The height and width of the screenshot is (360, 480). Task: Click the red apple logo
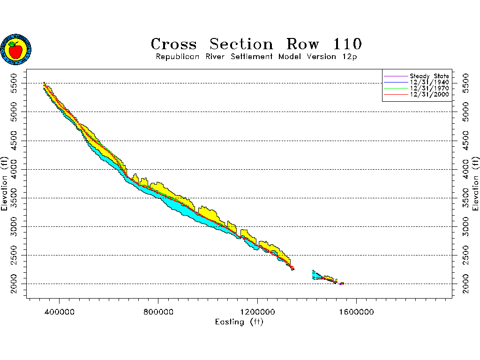(16, 50)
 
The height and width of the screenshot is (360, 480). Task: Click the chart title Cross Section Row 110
(256, 44)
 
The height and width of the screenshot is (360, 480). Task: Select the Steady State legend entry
(429, 76)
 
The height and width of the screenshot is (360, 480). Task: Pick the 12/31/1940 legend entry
(429, 82)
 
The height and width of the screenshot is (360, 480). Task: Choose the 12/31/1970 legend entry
(429, 88)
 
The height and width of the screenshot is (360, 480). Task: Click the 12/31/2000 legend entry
(429, 94)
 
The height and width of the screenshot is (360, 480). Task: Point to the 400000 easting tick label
(60, 311)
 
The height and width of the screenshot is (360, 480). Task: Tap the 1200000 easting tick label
(257, 311)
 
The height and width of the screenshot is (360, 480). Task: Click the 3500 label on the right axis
(465, 198)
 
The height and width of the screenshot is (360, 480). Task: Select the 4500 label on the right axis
(465, 141)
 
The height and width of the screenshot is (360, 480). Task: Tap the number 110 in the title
(347, 44)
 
